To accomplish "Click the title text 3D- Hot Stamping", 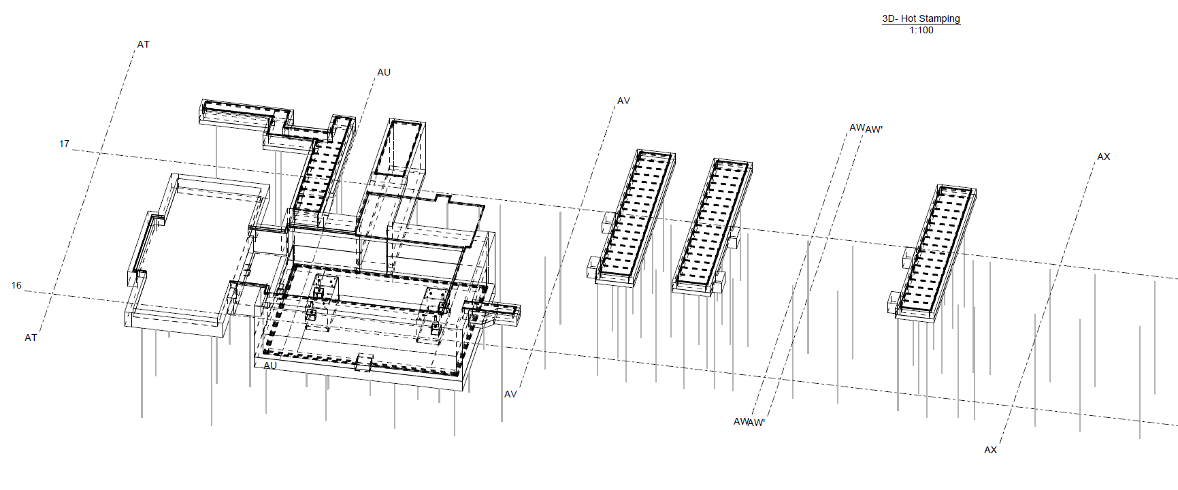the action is click(921, 18).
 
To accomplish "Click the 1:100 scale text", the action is click(921, 30).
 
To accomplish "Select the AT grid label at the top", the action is click(143, 44).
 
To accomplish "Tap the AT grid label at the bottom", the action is click(31, 338).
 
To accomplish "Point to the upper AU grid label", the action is click(384, 72).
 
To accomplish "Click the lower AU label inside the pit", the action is click(270, 365).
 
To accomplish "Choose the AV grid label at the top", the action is click(623, 101).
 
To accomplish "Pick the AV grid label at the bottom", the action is click(510, 394).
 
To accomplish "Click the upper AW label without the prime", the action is click(857, 127).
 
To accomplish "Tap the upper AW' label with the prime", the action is click(874, 129).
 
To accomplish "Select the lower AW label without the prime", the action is click(740, 421).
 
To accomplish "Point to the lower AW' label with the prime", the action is click(757, 423).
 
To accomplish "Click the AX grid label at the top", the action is click(1103, 157).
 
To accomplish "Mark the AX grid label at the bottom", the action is click(990, 450).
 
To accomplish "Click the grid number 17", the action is click(64, 144).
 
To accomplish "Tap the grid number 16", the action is click(16, 285).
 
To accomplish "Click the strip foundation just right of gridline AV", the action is click(631, 218).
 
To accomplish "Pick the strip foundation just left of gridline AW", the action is click(713, 227).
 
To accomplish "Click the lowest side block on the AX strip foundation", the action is click(896, 303).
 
